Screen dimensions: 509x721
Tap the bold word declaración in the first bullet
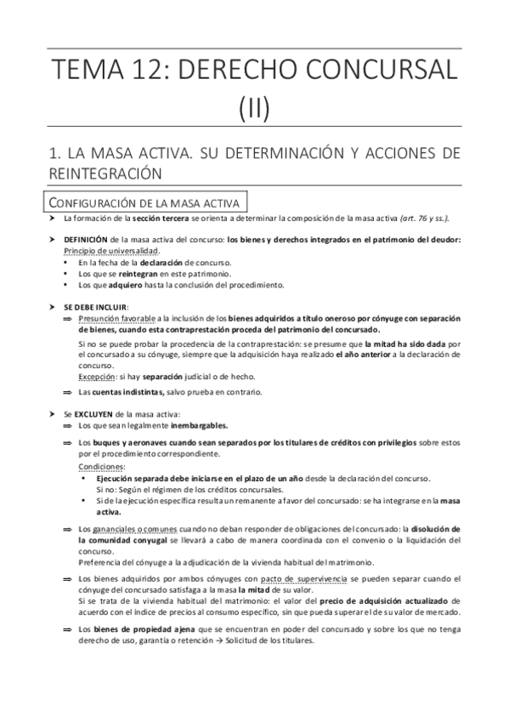[161, 264]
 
